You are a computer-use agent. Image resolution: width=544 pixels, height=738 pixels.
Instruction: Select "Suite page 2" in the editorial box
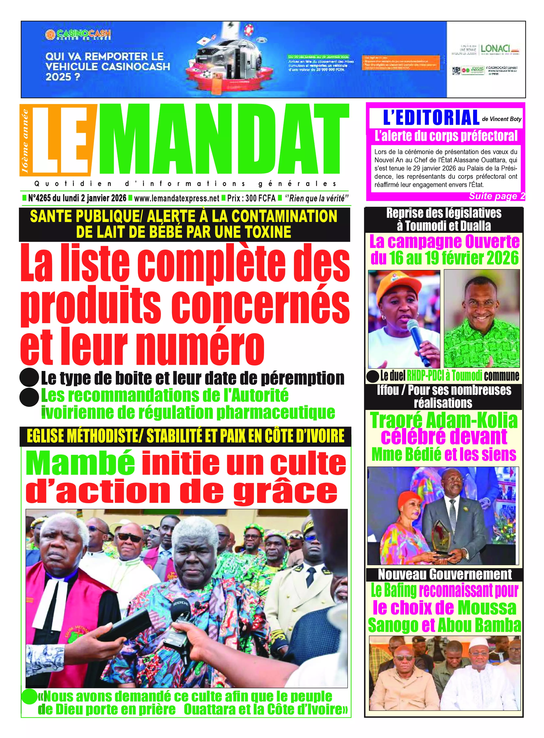click(497, 196)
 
